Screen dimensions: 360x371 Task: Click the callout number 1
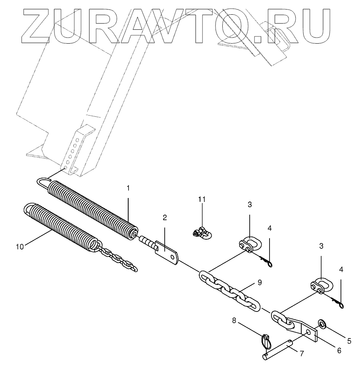128,186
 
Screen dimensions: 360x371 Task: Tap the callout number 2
165,217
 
